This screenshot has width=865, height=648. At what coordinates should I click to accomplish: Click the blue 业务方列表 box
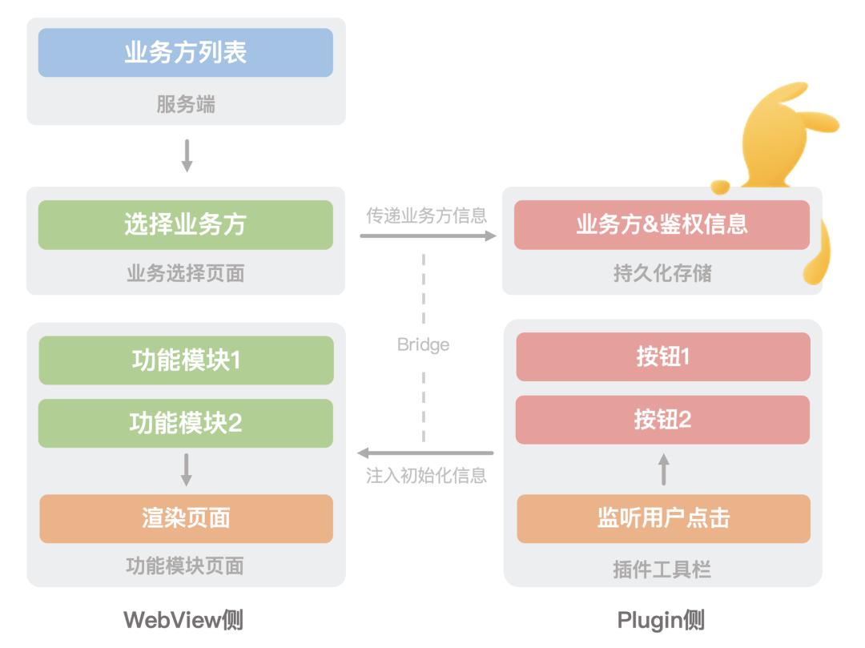(185, 53)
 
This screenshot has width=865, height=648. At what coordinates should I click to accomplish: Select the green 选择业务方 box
(185, 224)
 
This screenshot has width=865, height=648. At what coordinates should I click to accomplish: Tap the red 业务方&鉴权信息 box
(662, 224)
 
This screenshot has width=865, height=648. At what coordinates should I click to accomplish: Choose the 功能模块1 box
(185, 360)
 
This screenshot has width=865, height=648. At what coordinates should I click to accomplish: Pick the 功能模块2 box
(185, 423)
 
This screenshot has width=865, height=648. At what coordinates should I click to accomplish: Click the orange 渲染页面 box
(185, 518)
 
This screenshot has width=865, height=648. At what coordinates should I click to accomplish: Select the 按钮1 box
(662, 356)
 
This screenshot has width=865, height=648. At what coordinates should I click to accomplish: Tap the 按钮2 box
(662, 419)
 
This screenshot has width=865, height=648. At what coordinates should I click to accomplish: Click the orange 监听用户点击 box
(662, 518)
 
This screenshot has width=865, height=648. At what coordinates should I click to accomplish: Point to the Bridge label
(423, 345)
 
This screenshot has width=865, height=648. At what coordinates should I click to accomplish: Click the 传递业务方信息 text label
(426, 215)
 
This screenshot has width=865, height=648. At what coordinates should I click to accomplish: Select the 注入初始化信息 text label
(426, 475)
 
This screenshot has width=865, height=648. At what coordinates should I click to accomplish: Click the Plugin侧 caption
(661, 619)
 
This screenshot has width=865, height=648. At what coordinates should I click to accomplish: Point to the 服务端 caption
(185, 105)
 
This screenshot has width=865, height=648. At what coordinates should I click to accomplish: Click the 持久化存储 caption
(662, 274)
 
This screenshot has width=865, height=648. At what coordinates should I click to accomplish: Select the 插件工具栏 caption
(662, 570)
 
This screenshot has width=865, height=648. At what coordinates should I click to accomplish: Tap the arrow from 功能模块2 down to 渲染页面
(186, 469)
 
